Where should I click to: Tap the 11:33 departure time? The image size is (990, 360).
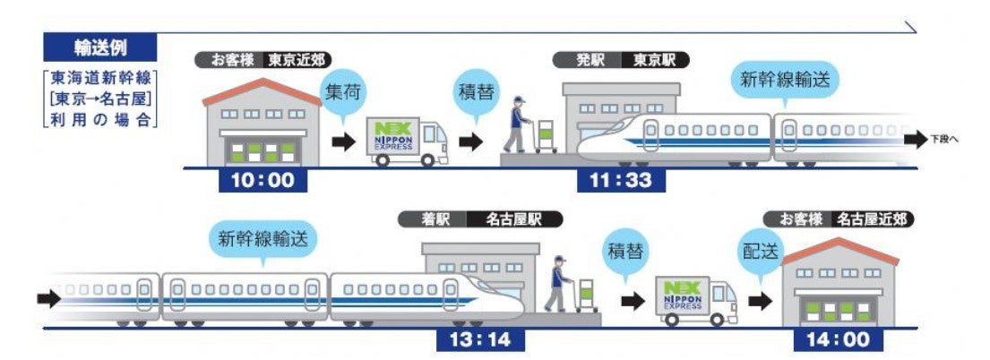621,180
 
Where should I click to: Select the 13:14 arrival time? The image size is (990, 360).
480,340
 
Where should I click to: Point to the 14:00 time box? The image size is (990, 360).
838,340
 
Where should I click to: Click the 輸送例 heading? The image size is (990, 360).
101,47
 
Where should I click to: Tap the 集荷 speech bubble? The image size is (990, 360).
345,92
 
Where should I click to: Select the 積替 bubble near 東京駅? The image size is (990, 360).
479,92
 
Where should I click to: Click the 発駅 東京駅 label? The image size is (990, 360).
633,60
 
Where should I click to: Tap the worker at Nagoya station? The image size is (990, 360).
560,282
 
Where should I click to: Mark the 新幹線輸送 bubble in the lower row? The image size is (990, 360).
267,239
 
